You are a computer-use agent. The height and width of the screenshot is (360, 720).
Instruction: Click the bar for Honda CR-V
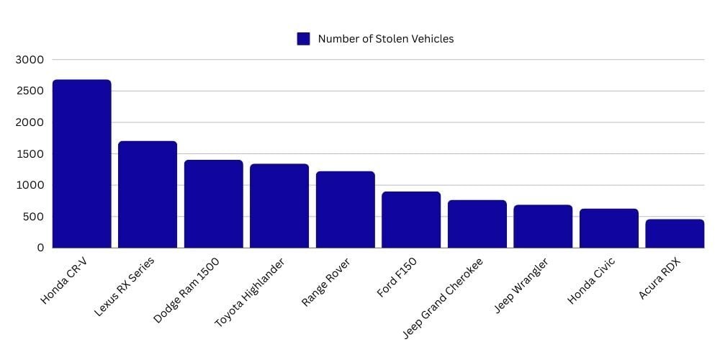pos(81,163)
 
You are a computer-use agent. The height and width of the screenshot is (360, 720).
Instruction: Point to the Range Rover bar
pos(345,210)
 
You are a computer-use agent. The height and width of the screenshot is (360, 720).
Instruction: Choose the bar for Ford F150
pos(411,220)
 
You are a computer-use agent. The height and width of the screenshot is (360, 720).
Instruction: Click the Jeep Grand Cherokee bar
pos(477,224)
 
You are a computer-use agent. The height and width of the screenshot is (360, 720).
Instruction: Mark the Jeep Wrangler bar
pos(543,226)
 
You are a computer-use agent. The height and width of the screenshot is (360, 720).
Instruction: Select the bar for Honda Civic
pos(608,228)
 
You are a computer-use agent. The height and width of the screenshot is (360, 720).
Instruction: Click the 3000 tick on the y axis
pos(30,60)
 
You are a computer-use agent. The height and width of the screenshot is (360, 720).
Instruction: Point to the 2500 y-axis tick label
pos(30,91)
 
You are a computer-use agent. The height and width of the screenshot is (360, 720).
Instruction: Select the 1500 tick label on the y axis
pos(30,154)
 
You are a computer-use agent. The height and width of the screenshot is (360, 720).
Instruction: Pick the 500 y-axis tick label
pos(33,217)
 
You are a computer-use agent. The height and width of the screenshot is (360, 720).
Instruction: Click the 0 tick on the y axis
pos(40,248)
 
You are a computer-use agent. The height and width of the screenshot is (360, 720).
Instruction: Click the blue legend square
pos(303,39)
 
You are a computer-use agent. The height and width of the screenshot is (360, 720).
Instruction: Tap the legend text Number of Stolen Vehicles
pos(386,39)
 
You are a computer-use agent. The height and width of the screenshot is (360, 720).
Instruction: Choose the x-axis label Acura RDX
pos(660,279)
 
